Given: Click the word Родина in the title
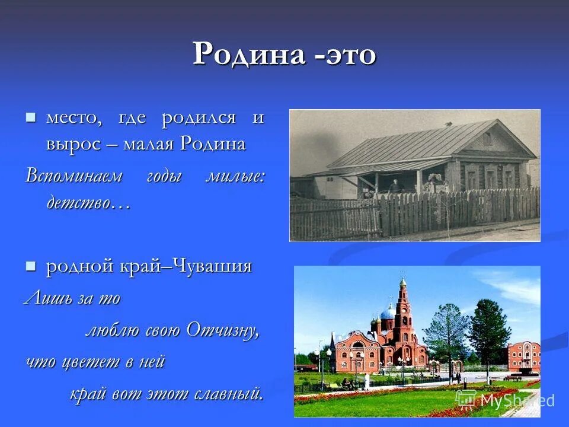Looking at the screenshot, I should pos(250,55).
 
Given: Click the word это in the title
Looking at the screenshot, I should pos(350,55).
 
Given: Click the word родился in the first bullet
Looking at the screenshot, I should pos(199,117).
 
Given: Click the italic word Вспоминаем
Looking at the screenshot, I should pos(74,176).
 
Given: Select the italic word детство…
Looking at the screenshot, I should pos(87,203).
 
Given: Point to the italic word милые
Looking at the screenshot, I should pos(235,176).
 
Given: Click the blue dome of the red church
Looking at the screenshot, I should pos(387,312).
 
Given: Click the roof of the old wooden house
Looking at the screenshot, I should pos(415,142).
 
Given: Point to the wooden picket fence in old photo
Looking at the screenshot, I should pos(427,213).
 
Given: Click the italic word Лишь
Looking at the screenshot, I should pos(42,298).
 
